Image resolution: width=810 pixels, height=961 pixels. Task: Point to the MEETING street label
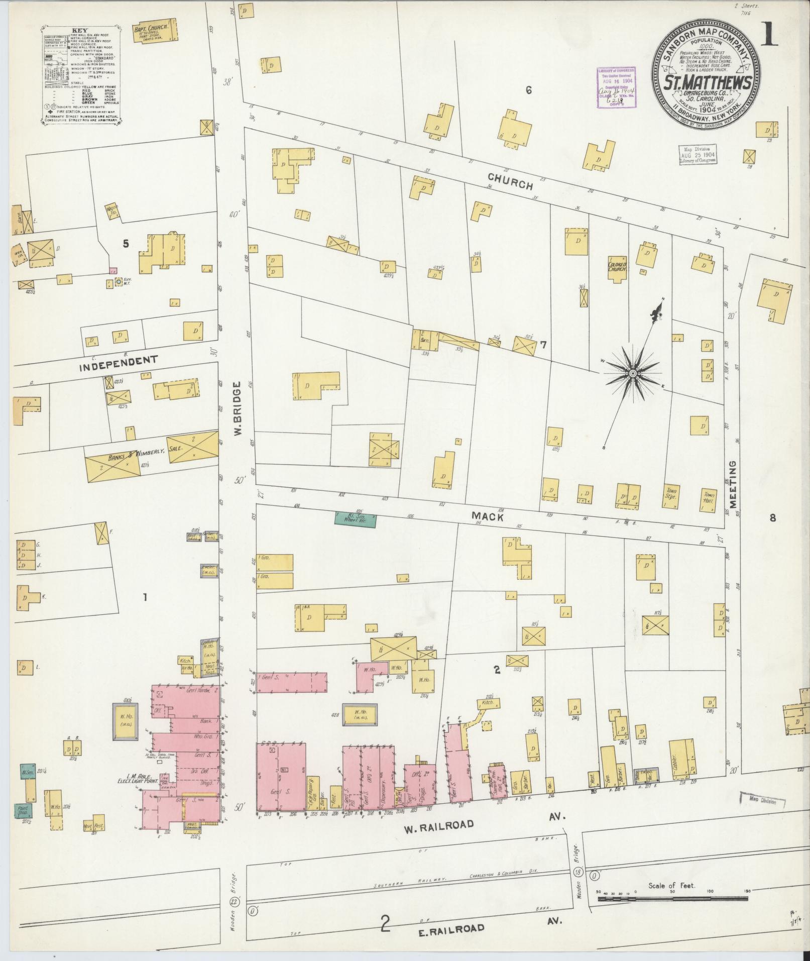tap(733, 484)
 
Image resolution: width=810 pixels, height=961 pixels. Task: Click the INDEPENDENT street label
tap(119, 363)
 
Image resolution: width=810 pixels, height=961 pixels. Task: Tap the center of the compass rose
tap(633, 374)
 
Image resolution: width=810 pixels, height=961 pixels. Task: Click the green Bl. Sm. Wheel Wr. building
tap(355, 519)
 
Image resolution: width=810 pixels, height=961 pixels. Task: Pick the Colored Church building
tap(617, 267)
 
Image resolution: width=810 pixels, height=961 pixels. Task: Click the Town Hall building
tap(709, 499)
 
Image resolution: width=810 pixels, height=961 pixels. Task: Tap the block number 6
tap(528, 90)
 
